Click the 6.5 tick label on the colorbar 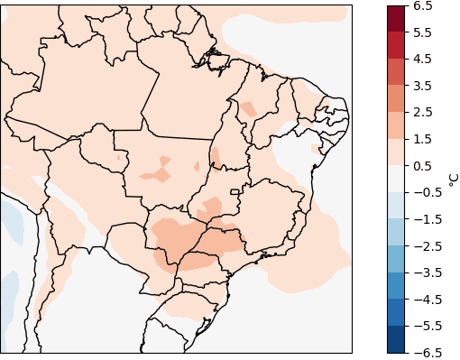[x=424, y=6]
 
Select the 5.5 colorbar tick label [x=424, y=32]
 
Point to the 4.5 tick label [x=424, y=60]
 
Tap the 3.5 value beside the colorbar [x=424, y=86]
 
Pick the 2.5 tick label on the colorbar [x=424, y=113]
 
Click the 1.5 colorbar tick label [x=424, y=139]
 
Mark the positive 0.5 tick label [x=424, y=166]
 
